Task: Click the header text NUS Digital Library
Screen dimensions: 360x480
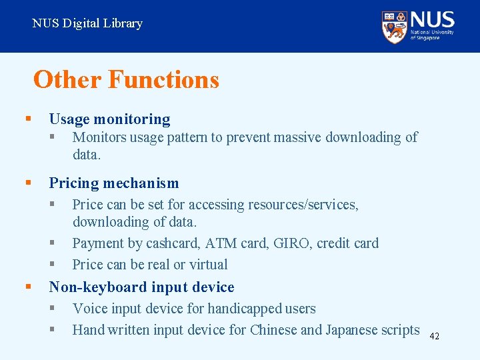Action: [x=87, y=23]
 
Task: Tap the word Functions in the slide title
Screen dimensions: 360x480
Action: [x=163, y=79]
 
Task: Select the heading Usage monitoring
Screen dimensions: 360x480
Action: [x=109, y=119]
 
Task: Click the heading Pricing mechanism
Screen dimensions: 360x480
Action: [x=114, y=183]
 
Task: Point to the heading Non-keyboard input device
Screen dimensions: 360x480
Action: [x=141, y=287]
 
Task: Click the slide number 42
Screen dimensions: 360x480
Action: [x=433, y=336]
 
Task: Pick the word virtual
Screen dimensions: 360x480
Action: [x=208, y=265]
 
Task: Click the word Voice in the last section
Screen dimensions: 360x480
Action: [x=89, y=309]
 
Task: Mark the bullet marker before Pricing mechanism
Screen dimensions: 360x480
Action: [x=28, y=183]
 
